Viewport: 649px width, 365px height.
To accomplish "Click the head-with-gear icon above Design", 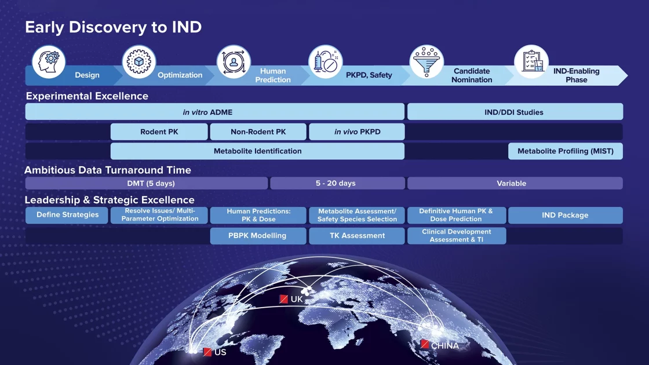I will pyautogui.click(x=49, y=61).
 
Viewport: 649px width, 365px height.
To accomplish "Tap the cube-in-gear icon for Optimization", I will pyautogui.click(x=139, y=61).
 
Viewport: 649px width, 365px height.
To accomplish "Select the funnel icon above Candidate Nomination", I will pyautogui.click(x=426, y=61).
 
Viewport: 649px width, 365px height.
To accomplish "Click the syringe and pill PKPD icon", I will pyautogui.click(x=325, y=61).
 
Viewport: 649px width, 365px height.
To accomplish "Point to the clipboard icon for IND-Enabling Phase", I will pyautogui.click(x=531, y=61).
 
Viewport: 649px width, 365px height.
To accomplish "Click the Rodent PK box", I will pyautogui.click(x=159, y=132).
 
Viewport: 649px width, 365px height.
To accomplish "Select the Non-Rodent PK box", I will pyautogui.click(x=258, y=132).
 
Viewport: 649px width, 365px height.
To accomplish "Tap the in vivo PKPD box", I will pyautogui.click(x=357, y=132).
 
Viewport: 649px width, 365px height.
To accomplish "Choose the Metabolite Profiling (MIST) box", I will pyautogui.click(x=566, y=151).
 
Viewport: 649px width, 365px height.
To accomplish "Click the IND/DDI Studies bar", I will pyautogui.click(x=515, y=112).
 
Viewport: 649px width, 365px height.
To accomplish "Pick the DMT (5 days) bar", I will pyautogui.click(x=147, y=183).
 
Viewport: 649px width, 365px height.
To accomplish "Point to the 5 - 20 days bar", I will pyautogui.click(x=337, y=183).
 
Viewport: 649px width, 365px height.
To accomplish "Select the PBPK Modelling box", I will pyautogui.click(x=258, y=236).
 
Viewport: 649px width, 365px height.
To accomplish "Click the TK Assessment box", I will pyautogui.click(x=357, y=236).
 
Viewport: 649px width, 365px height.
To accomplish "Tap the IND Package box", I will pyautogui.click(x=565, y=215).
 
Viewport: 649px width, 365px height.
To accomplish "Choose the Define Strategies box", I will pyautogui.click(x=67, y=215).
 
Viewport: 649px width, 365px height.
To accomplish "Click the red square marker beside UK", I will pyautogui.click(x=284, y=299).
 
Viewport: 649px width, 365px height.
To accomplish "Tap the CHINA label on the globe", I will pyautogui.click(x=445, y=346).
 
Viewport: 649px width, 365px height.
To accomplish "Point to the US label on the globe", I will pyautogui.click(x=220, y=352).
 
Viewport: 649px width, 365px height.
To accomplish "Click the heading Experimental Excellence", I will pyautogui.click(x=87, y=96).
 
